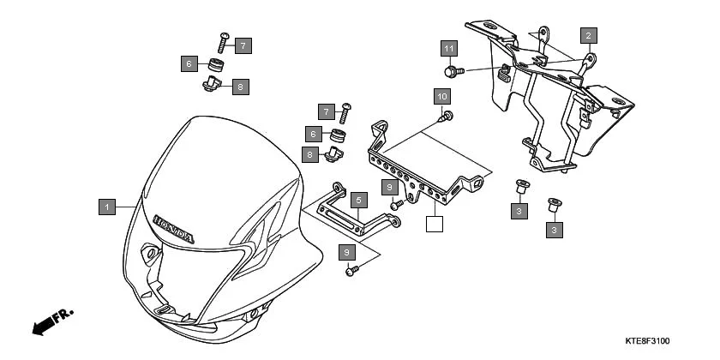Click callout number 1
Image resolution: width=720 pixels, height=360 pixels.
click(x=107, y=207)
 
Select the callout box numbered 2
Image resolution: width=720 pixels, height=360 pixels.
click(x=588, y=35)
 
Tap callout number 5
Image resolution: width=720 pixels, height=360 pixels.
click(x=359, y=199)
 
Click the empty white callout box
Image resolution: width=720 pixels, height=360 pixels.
click(x=435, y=225)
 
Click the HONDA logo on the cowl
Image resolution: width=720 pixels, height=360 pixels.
click(x=174, y=227)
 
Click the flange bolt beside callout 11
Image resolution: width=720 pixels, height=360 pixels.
click(x=453, y=69)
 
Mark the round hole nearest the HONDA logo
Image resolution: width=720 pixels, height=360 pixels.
click(x=151, y=254)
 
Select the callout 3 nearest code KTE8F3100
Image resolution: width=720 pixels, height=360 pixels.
click(x=555, y=230)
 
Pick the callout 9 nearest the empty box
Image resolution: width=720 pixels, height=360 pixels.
click(x=389, y=186)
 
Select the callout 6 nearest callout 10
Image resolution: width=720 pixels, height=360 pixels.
click(x=315, y=134)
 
